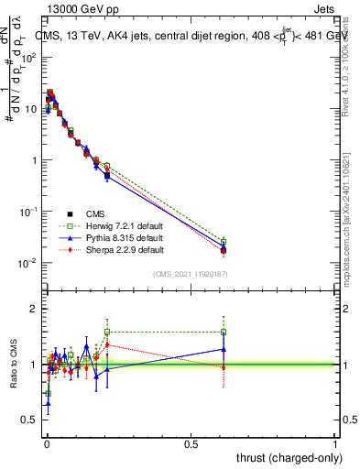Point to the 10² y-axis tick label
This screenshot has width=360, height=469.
point(29,57)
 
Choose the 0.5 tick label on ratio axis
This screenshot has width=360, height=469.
point(28,420)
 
